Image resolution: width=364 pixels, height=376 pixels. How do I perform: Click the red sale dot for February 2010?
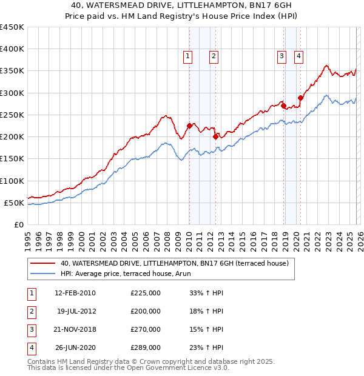click(x=189, y=126)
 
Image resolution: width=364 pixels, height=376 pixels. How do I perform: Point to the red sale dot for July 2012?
click(x=215, y=137)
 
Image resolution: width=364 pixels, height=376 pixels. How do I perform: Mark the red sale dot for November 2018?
click(x=283, y=106)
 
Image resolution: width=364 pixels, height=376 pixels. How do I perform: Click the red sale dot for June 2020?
click(x=300, y=98)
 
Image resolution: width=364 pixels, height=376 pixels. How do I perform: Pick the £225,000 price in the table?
click(x=146, y=293)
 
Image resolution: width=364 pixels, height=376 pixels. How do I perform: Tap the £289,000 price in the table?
click(x=146, y=347)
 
